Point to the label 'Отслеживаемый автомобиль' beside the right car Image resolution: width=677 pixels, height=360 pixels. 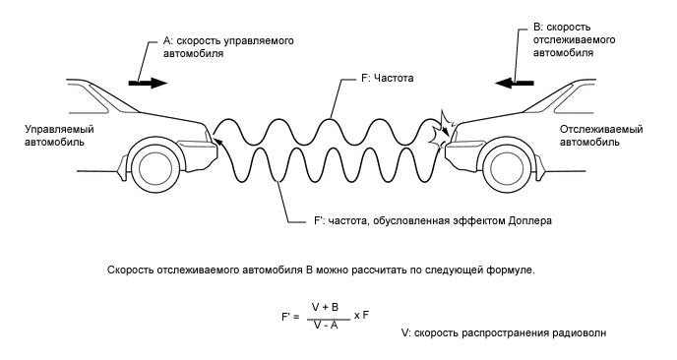click(601, 136)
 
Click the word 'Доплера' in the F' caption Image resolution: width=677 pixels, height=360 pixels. click(529, 221)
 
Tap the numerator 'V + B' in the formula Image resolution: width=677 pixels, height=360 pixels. click(325, 307)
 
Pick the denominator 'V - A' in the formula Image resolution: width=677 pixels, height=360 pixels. click(325, 324)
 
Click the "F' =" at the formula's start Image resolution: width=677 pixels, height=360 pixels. click(289, 316)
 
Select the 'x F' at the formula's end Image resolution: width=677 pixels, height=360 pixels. click(362, 315)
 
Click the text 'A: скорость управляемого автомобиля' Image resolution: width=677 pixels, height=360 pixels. click(227, 48)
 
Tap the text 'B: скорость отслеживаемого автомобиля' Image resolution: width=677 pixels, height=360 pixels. click(575, 42)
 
